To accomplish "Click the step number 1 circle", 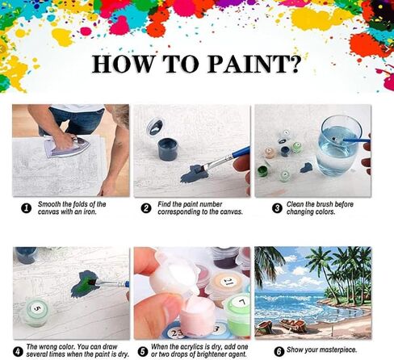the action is click(x=26, y=208).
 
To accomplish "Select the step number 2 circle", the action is click(x=146, y=208).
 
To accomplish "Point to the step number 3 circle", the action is click(x=277, y=208).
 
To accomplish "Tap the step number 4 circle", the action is click(x=18, y=352).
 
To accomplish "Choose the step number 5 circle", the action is click(x=143, y=352).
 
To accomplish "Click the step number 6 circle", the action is click(x=279, y=352).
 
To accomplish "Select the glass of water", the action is click(x=339, y=145).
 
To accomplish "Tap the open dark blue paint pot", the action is click(x=168, y=149).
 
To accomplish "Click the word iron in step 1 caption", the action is click(x=90, y=211).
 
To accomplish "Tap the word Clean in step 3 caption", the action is click(x=295, y=204).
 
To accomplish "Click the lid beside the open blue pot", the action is click(x=155, y=127).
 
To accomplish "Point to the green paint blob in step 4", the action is click(x=84, y=284).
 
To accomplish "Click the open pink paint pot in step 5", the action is click(x=198, y=314).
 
